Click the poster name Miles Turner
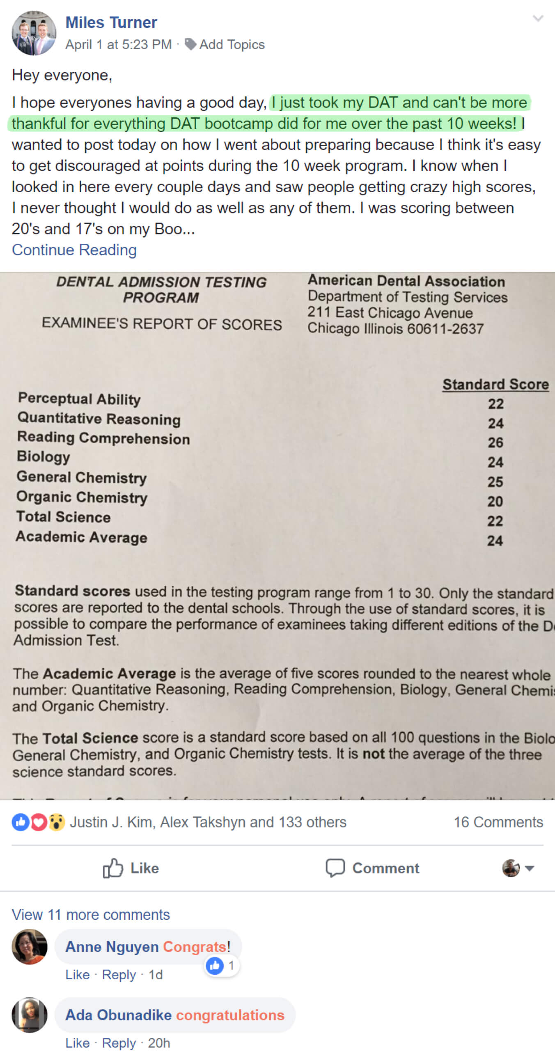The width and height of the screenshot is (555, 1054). click(x=111, y=23)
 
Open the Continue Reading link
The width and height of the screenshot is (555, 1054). click(x=74, y=250)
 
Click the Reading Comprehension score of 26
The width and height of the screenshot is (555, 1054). click(x=495, y=442)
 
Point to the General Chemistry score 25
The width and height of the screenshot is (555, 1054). click(x=495, y=482)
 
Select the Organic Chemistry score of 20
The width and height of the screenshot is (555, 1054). click(x=495, y=501)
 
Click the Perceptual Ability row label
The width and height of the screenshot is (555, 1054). click(x=79, y=399)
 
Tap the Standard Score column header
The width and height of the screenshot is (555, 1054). click(x=495, y=384)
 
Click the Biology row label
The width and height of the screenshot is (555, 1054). click(x=44, y=456)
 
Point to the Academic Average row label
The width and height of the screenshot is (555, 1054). click(x=81, y=537)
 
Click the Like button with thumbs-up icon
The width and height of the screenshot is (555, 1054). click(x=131, y=868)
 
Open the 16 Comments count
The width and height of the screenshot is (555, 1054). click(x=498, y=822)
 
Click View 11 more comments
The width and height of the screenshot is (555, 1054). click(x=91, y=915)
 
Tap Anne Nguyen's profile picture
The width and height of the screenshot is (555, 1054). click(x=30, y=946)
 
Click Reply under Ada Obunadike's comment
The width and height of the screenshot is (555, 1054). click(x=119, y=1043)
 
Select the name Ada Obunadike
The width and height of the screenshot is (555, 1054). click(x=119, y=1015)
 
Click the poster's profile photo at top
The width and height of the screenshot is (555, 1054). click(x=34, y=33)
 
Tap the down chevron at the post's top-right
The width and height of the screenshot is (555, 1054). click(x=538, y=18)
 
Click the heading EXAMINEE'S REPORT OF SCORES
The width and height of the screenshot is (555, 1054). click(x=162, y=324)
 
